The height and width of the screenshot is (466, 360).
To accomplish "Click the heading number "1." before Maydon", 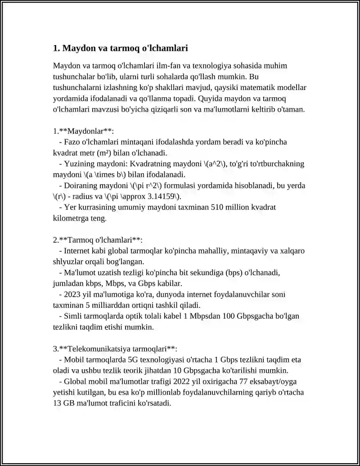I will [x=57, y=48].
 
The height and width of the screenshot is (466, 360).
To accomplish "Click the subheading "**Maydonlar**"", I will [x=86, y=131].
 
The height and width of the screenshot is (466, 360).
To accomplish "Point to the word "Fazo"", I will [x=73, y=142].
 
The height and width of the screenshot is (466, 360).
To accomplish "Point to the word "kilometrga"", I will [x=71, y=218].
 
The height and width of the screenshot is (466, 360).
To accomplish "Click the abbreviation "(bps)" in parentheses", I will [x=234, y=272].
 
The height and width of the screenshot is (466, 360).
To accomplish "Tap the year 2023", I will [x=73, y=294].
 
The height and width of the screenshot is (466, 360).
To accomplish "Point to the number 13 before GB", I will [x=58, y=403].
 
